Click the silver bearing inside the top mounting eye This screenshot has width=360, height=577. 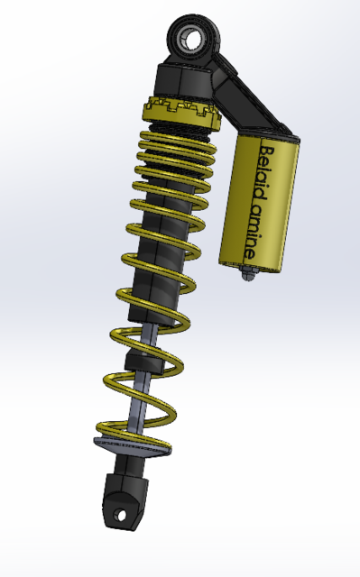(191, 38)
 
